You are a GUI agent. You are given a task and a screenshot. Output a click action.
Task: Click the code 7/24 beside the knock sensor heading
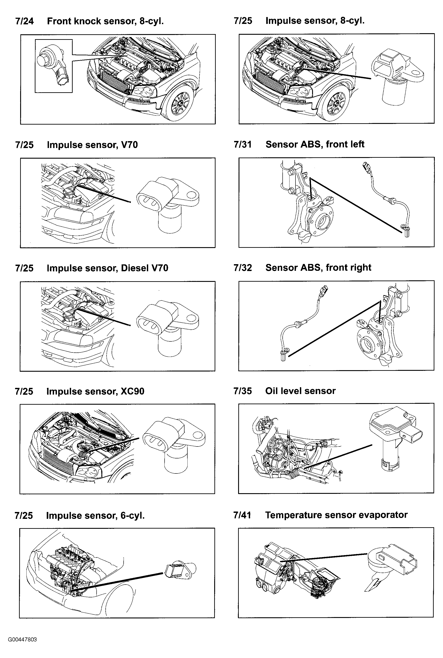click(24, 21)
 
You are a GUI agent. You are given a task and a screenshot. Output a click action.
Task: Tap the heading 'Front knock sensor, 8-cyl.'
click(105, 21)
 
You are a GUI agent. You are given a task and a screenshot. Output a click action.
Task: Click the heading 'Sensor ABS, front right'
click(318, 267)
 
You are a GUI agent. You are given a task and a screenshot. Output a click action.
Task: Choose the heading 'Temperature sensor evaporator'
click(336, 515)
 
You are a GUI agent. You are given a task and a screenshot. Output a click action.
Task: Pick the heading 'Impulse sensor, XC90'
click(95, 391)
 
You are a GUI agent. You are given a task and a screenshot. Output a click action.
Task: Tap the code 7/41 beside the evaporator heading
click(242, 515)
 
